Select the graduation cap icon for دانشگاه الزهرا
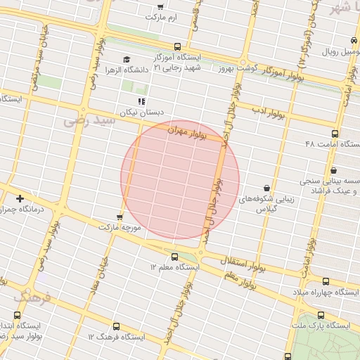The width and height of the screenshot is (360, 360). point(127,59)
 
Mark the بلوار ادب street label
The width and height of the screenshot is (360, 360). point(269,112)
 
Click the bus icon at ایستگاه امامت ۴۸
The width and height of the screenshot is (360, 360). point(334,133)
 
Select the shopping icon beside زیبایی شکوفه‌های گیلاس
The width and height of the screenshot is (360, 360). point(266,188)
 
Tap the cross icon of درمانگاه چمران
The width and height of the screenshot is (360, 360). point(20,198)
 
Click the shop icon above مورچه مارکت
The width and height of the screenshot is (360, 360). point(120,217)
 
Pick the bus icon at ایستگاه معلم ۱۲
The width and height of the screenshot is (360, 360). point(174,256)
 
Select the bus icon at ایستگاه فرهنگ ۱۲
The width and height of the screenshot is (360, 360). point(115,326)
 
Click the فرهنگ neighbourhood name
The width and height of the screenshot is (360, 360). point(32,297)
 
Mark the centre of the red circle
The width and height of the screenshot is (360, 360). point(180,179)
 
